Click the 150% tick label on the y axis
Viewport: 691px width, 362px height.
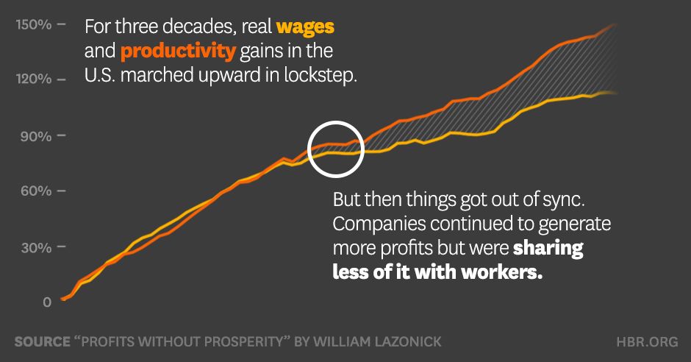point(32,24)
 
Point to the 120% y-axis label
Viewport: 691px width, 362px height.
point(32,79)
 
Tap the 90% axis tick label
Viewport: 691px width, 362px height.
point(35,135)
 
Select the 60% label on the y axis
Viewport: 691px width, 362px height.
point(35,191)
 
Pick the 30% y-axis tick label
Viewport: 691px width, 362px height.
point(35,246)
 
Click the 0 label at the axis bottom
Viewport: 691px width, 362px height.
point(46,302)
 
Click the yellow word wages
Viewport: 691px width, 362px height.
point(305,28)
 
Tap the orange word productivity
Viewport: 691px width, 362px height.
point(178,52)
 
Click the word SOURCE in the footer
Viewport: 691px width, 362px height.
point(42,342)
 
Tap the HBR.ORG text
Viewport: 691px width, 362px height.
point(647,342)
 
